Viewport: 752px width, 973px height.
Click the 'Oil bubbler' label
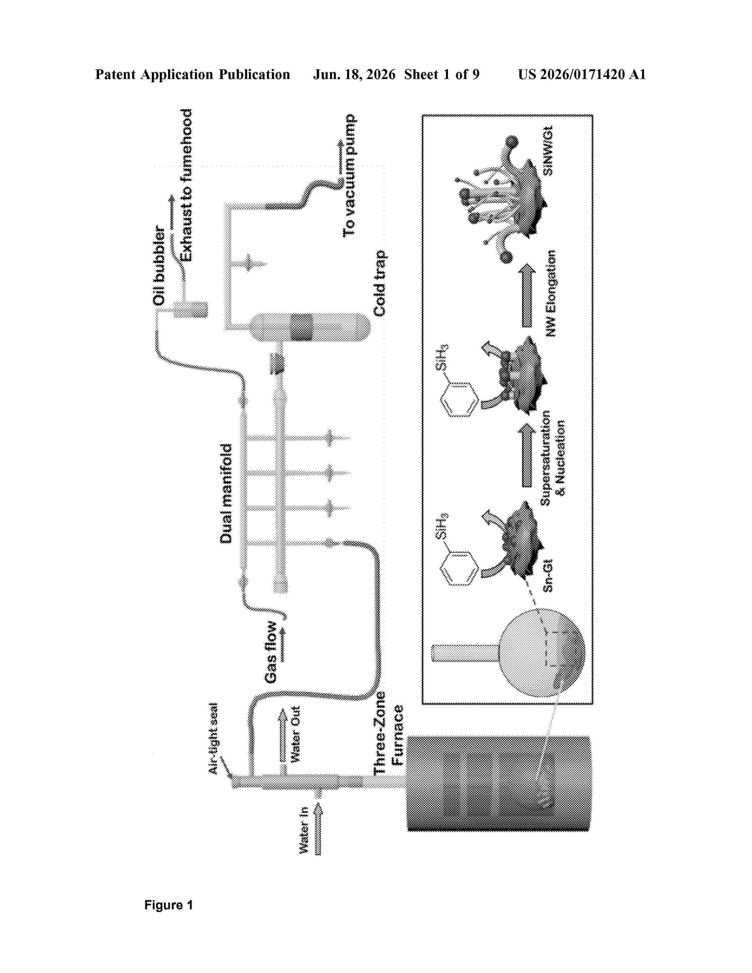159,267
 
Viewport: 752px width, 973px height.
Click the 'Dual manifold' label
226,494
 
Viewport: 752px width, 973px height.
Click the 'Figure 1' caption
168,905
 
